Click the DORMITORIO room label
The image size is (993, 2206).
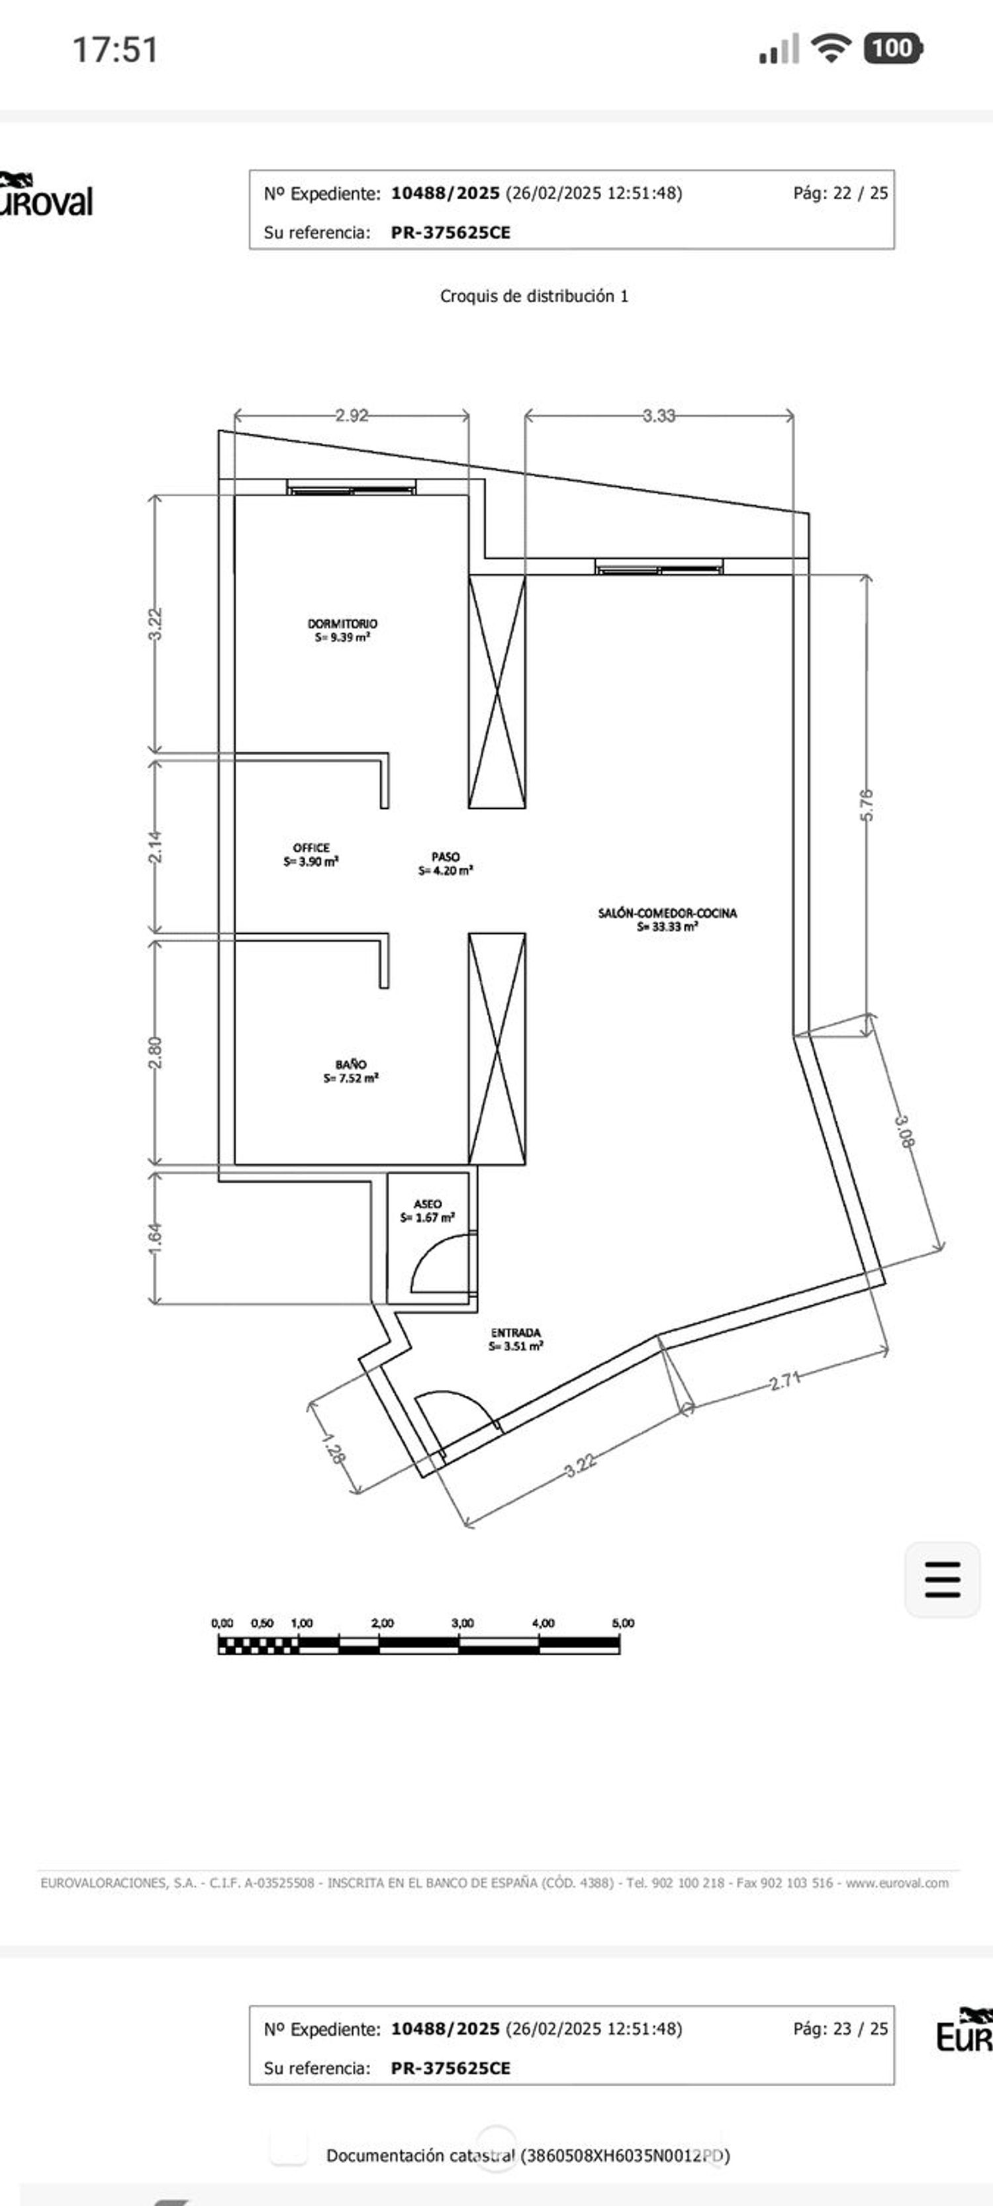coord(342,623)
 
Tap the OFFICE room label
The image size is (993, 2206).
coord(311,848)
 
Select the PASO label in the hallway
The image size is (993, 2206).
coord(446,856)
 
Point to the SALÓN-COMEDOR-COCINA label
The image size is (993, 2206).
coord(667,913)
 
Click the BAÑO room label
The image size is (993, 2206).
coord(350,1064)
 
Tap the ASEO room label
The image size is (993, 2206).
coord(428,1204)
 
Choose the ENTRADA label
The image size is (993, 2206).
coord(516,1332)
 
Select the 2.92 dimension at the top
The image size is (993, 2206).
coord(352,416)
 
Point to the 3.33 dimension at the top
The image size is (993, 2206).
coord(659,416)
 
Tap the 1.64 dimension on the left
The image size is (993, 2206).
coord(155,1239)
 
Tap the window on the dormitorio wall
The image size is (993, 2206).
coord(352,487)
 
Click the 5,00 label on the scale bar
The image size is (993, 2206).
coord(623,1623)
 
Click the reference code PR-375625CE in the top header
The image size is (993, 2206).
coord(451,232)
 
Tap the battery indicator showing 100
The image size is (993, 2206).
coord(894,48)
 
